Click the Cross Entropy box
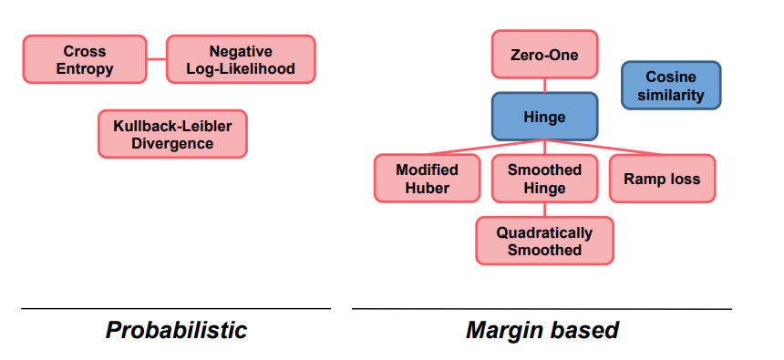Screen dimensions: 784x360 pos(85,59)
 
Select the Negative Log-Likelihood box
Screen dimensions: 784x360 pos(241,59)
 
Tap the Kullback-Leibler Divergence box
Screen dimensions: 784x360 pos(172,134)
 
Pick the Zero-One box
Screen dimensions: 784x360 pos(544,54)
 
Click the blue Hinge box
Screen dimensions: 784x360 pos(544,117)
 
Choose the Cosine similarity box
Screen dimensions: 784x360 pos(671,86)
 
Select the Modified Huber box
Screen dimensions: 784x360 pos(427,179)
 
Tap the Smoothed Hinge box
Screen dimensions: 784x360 pos(544,179)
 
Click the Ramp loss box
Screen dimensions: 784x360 pos(662,179)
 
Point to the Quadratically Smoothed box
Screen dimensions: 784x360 pos(544,241)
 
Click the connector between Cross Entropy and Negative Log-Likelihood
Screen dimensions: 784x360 pos(157,59)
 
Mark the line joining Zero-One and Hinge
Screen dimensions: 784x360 pos(544,86)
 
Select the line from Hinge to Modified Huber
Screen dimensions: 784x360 pos(486,148)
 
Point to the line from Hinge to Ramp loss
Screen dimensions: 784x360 pos(603,148)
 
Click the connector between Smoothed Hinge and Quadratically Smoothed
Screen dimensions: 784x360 pos(544,210)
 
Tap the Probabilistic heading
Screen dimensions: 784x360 pos(176,331)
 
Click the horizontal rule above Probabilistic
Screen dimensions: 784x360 pos(176,308)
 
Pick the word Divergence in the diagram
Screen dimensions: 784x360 pos(172,143)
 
